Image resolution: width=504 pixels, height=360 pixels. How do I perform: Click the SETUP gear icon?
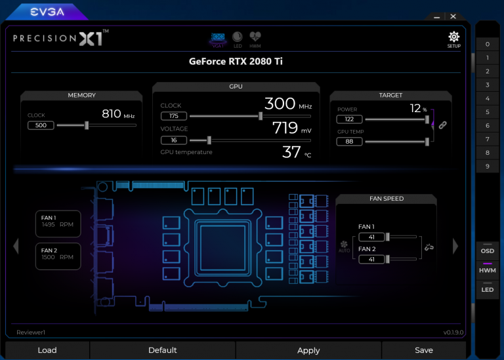[x=454, y=37]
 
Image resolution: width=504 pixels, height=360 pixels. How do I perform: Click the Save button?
[x=424, y=350]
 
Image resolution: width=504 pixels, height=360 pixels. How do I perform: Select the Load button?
[x=47, y=350]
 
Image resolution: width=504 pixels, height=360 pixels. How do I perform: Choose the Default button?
[x=162, y=350]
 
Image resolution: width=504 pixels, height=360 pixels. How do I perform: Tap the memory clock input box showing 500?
[x=41, y=125]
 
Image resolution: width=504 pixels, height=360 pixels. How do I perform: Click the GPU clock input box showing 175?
[x=173, y=116]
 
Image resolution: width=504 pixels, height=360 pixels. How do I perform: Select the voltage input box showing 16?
[x=173, y=140]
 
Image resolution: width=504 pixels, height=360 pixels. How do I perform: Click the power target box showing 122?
[x=349, y=119]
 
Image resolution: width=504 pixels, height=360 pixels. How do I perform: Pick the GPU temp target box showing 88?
[x=349, y=141]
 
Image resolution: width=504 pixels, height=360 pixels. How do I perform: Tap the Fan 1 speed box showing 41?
[x=371, y=237]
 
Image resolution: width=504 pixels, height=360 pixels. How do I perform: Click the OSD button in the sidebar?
[x=488, y=250]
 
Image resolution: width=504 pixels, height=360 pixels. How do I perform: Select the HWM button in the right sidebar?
[x=488, y=270]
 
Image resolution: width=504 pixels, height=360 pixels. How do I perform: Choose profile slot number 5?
[x=488, y=111]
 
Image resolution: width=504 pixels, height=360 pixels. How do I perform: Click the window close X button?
[x=453, y=16]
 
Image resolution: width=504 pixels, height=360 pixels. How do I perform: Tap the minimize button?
[x=436, y=17]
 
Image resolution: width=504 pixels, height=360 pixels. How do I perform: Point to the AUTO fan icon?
[x=344, y=247]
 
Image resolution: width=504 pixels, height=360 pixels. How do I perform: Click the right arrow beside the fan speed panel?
[x=455, y=247]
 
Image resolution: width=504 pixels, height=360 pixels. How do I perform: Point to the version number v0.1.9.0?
[x=453, y=332]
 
